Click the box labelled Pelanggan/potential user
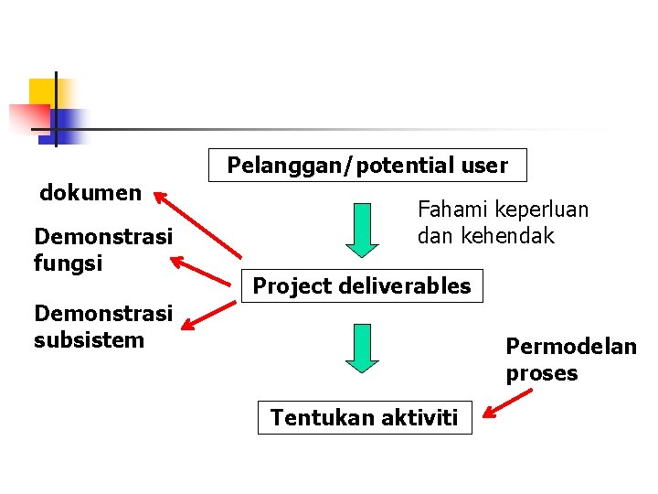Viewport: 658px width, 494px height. (367, 166)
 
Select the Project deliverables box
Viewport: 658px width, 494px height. (362, 286)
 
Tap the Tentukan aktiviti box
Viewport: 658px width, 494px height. (365, 418)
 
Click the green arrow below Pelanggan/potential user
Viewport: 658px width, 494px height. (363, 229)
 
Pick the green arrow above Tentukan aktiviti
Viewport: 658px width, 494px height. (363, 348)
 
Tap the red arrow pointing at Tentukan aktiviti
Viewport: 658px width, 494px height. (507, 403)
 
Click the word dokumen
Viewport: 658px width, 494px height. (90, 192)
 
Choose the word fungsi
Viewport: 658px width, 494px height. (68, 263)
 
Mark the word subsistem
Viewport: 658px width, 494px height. (89, 340)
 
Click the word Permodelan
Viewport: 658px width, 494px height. (571, 347)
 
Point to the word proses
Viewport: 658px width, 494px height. (542, 373)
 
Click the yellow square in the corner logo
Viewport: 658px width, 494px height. (41, 91)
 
